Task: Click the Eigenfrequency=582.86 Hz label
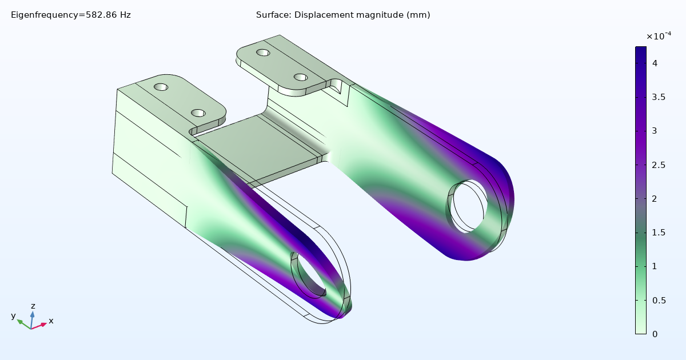pyautogui.click(x=71, y=15)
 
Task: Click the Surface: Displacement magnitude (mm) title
pyautogui.click(x=343, y=15)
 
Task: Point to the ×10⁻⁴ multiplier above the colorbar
pyautogui.click(x=659, y=37)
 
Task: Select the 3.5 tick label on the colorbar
pyautogui.click(x=659, y=97)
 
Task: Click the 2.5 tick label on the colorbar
pyautogui.click(x=659, y=165)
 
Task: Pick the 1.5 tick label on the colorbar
pyautogui.click(x=659, y=233)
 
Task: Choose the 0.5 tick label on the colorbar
pyautogui.click(x=659, y=301)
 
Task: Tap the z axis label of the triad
pyautogui.click(x=33, y=306)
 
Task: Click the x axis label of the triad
pyautogui.click(x=51, y=321)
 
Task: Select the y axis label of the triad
pyautogui.click(x=13, y=316)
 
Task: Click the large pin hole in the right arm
pyautogui.click(x=468, y=206)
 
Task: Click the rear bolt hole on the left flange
pyautogui.click(x=161, y=87)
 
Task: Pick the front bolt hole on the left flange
pyautogui.click(x=198, y=113)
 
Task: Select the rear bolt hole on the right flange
pyautogui.click(x=263, y=53)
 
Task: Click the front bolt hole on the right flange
pyautogui.click(x=301, y=77)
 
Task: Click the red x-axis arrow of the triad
pyautogui.click(x=40, y=326)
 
